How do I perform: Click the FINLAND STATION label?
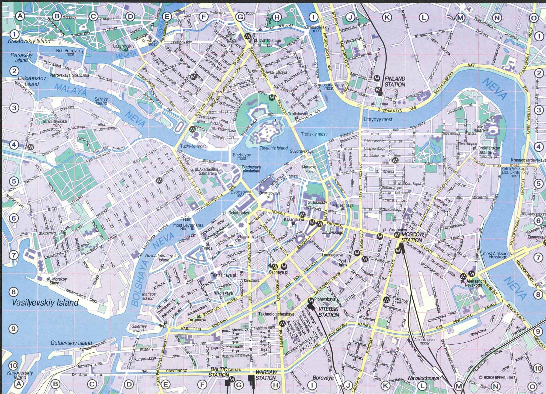point(395,81)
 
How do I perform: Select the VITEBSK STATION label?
point(329,312)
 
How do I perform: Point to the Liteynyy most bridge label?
point(378,119)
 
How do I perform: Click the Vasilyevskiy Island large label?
point(46,303)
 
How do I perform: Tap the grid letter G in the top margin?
point(240,17)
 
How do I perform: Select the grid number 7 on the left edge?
point(13,255)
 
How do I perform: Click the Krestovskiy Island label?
point(29,41)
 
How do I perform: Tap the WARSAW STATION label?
point(266,375)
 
